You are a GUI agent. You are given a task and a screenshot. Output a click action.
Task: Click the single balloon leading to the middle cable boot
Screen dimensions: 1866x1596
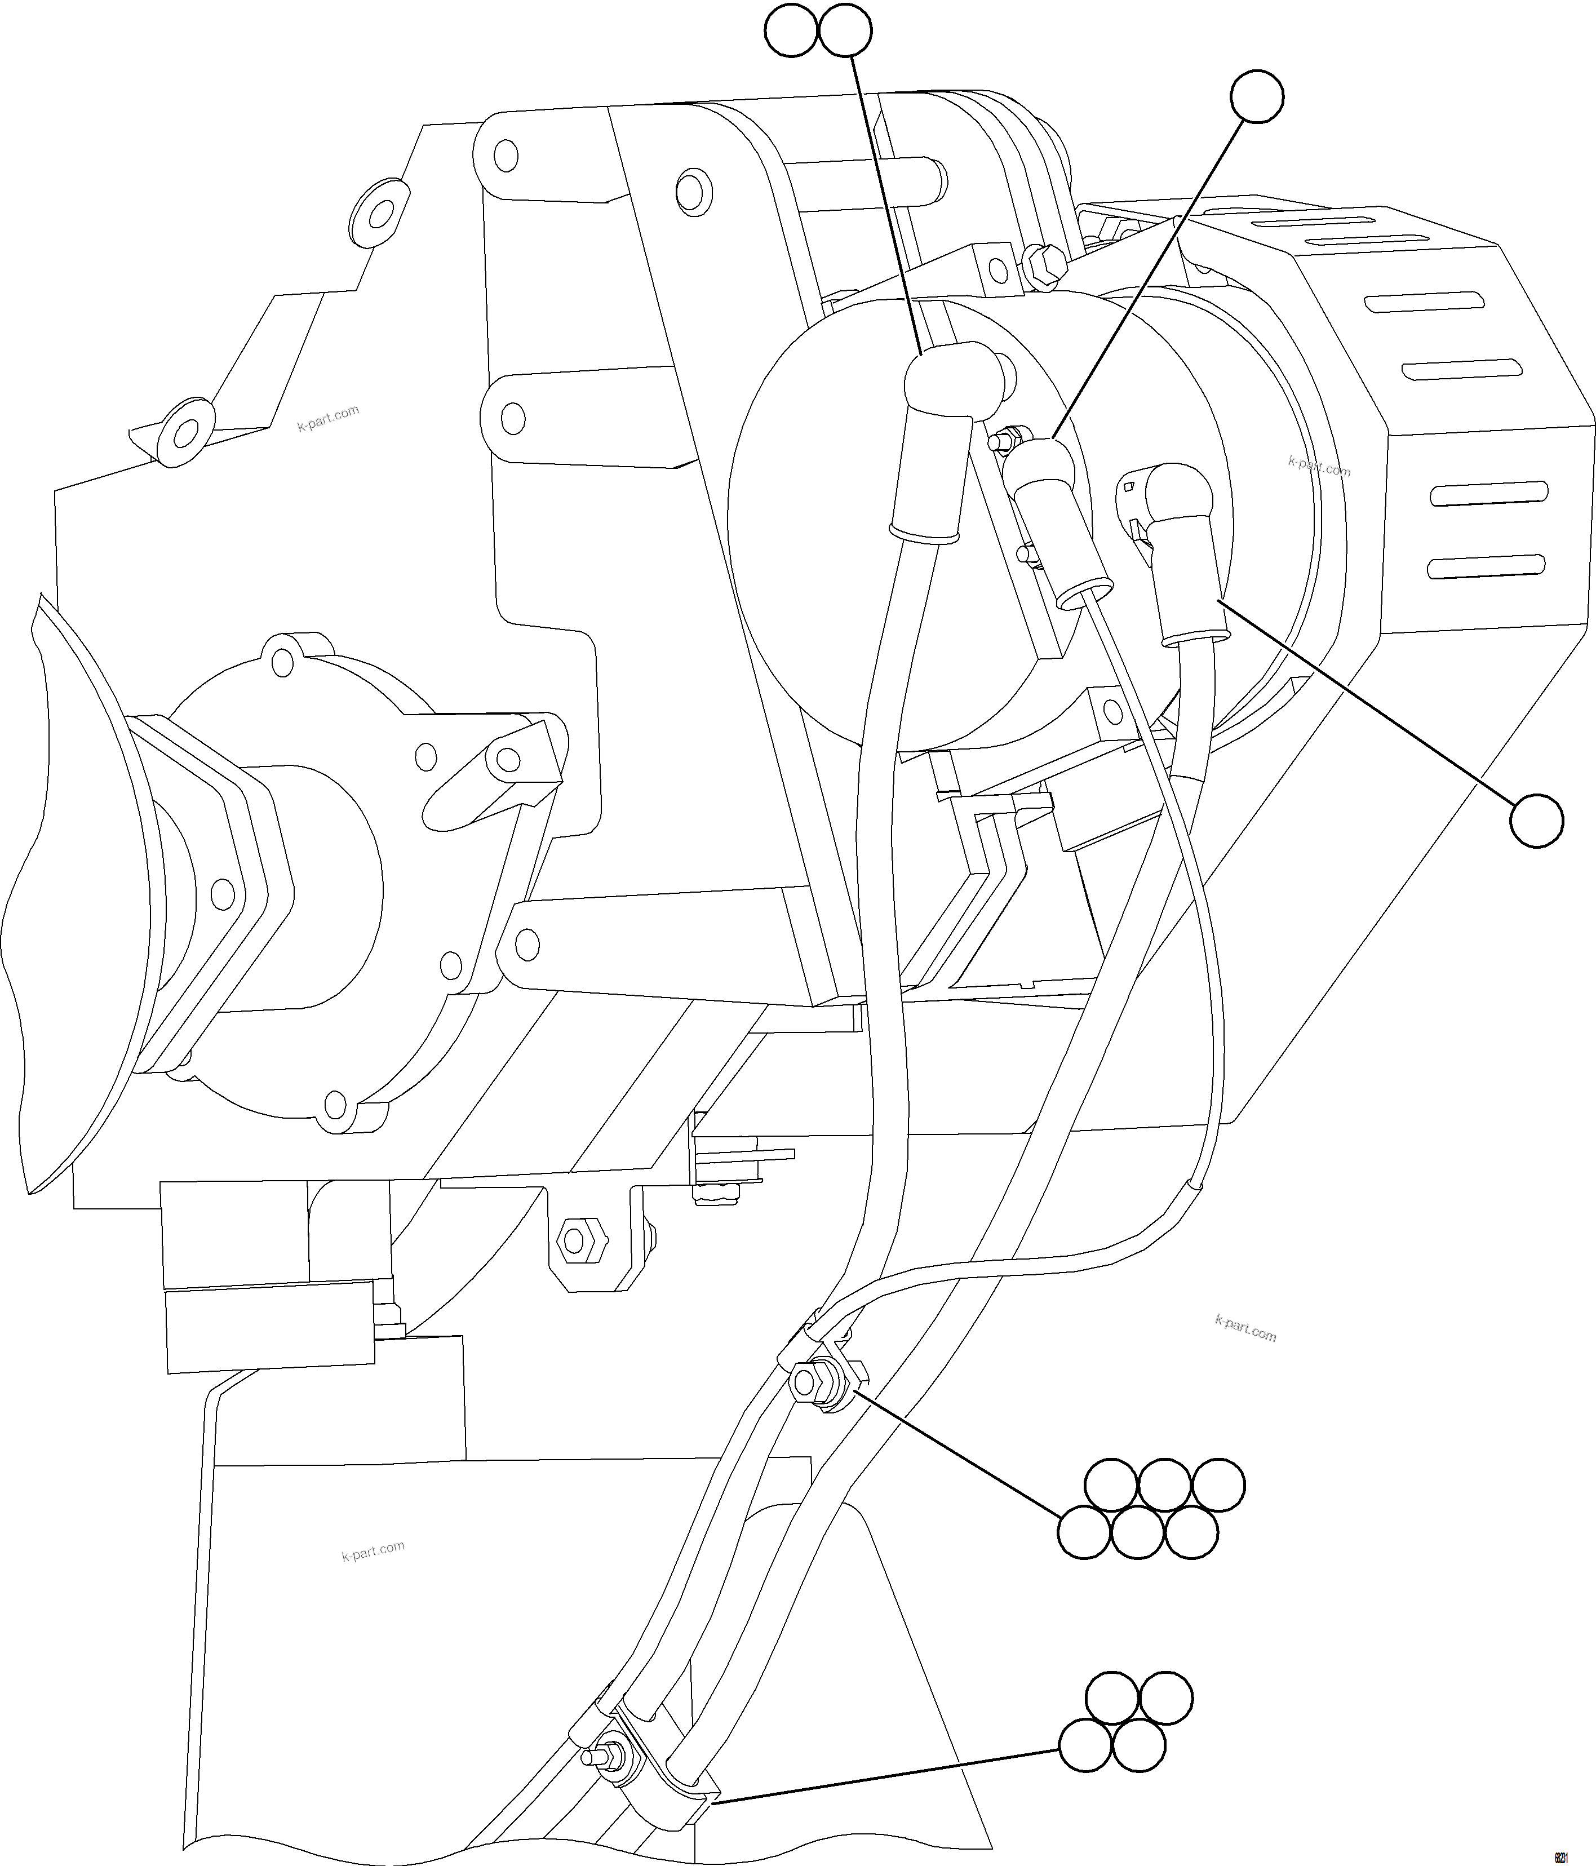click(1256, 96)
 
